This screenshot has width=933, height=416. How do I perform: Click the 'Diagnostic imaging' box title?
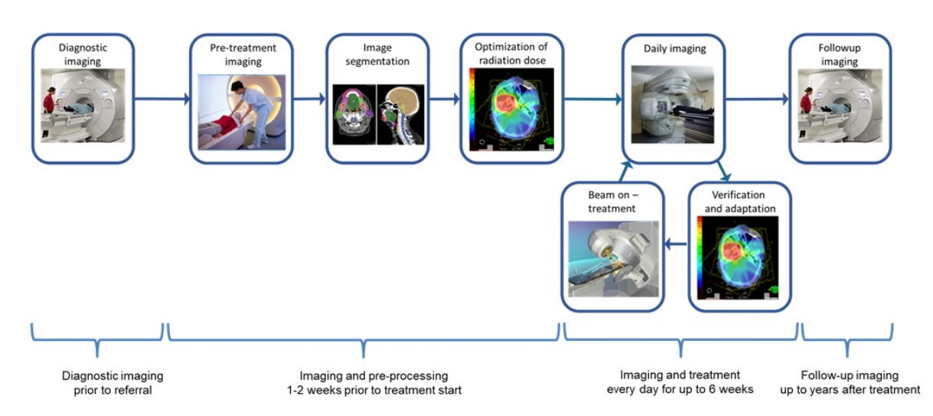click(83, 54)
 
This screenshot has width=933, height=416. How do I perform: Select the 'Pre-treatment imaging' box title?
click(243, 54)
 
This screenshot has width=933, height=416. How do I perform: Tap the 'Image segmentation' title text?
click(377, 54)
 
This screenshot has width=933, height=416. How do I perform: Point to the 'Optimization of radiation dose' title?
click(511, 54)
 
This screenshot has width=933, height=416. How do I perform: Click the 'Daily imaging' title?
click(675, 49)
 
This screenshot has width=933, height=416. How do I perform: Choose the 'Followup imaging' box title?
click(840, 54)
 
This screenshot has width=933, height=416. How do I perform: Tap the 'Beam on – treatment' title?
click(613, 201)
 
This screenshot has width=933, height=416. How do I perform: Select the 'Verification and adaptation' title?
click(739, 201)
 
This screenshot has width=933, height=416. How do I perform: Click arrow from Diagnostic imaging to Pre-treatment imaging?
click(162, 99)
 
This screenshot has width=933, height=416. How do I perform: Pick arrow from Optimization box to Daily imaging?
click(592, 99)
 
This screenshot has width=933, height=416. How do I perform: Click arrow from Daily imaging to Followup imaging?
click(757, 99)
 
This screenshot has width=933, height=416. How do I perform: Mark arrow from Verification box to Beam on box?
click(676, 244)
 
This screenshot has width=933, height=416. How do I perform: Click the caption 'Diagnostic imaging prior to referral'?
click(113, 382)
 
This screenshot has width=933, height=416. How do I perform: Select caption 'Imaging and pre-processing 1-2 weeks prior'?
click(374, 382)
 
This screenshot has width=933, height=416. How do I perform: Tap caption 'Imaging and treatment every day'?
click(680, 382)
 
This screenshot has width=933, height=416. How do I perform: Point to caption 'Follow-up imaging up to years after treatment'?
click(850, 382)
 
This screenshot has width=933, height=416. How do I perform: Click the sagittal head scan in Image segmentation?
click(401, 115)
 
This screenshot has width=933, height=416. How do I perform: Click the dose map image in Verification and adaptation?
click(738, 257)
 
